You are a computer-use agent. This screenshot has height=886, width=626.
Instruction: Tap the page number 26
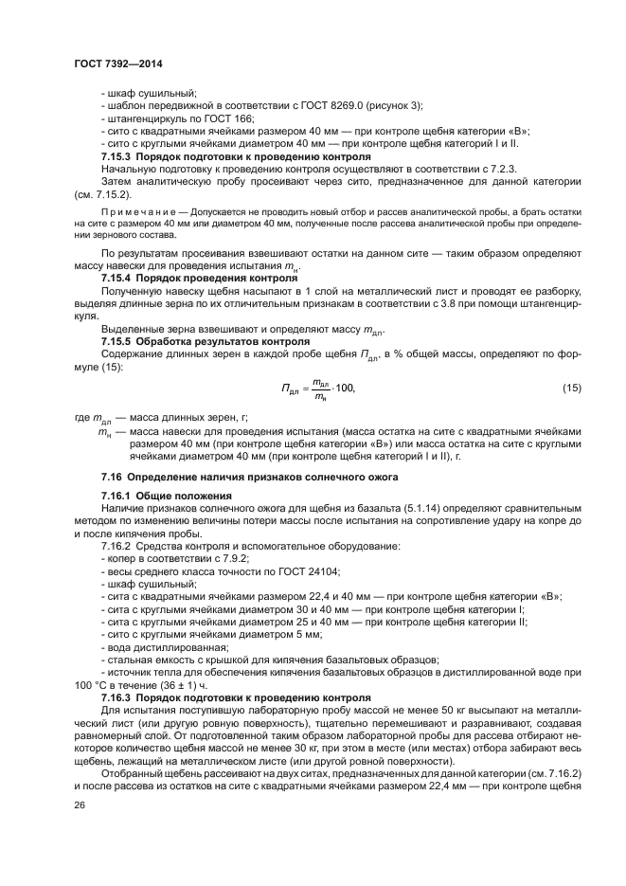[80, 805]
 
